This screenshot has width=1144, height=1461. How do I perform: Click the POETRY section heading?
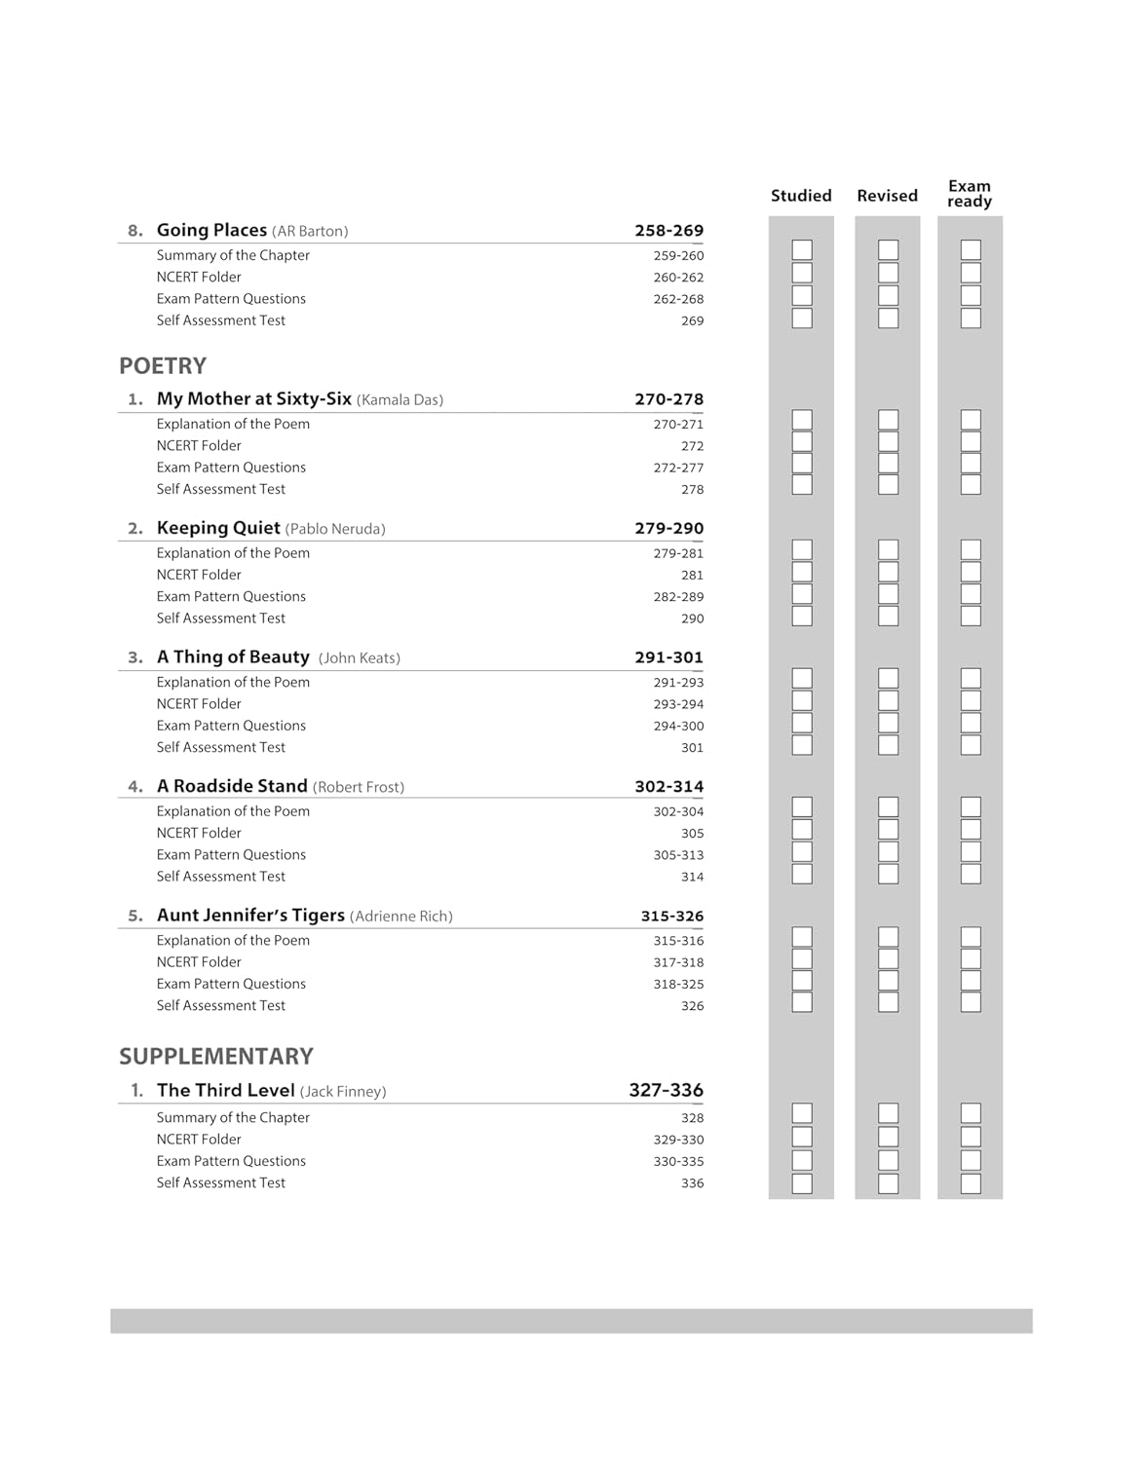tap(163, 366)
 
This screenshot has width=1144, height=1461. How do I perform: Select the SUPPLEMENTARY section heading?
tap(216, 1057)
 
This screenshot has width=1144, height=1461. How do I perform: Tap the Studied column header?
tap(801, 196)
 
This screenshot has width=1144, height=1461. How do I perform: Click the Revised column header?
tap(887, 196)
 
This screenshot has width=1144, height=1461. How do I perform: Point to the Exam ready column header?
tap(970, 194)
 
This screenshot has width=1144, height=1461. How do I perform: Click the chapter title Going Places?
tap(211, 231)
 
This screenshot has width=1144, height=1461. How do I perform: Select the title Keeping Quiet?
tap(218, 528)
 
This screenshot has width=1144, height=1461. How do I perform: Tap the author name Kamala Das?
tap(400, 400)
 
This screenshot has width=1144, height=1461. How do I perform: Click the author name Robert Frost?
tap(359, 787)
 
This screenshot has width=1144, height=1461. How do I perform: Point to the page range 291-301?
tap(668, 657)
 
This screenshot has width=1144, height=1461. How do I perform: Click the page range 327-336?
tap(666, 1090)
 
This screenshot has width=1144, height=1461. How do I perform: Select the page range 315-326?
tap(671, 916)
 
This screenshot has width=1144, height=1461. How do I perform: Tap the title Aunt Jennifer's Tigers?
tap(250, 916)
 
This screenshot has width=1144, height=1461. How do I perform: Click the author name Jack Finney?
tap(343, 1092)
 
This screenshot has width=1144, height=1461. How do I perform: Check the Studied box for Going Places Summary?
tap(802, 250)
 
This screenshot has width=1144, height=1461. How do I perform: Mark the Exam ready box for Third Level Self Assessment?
tap(971, 1183)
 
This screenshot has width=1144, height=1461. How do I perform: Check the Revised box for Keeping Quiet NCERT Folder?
tap(888, 572)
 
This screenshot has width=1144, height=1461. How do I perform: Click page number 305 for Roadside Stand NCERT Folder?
tap(692, 834)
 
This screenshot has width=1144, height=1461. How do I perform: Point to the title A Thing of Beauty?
tap(233, 657)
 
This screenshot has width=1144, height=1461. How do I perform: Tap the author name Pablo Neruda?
tap(335, 529)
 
